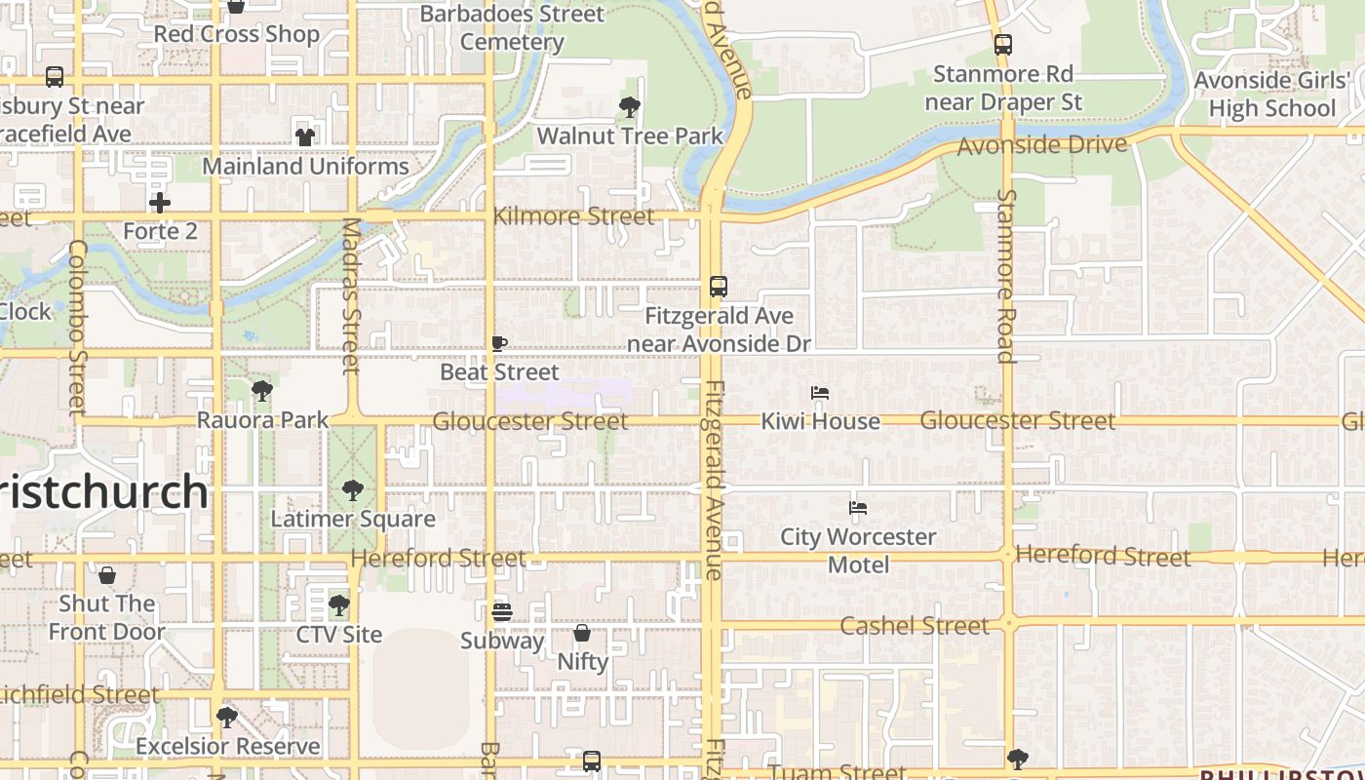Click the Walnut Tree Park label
coord(630,136)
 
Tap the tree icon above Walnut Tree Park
coord(630,106)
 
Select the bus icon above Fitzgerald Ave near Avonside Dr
coord(719,287)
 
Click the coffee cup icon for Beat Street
coord(499,343)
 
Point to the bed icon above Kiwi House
coord(820,393)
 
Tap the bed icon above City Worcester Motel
coord(858,507)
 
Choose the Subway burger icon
coord(502,612)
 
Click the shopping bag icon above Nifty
coord(582,633)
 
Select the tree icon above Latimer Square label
coord(353,490)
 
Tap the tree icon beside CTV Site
coord(339,605)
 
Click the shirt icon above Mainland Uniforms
coord(305,136)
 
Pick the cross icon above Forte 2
coord(160,203)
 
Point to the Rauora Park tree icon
coord(261,392)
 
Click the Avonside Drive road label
coord(1042,145)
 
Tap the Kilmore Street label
coord(574,216)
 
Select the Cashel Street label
coord(915,625)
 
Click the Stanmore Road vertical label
coord(1006,275)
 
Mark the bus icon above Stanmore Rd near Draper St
coord(1003,45)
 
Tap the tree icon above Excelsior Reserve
coord(227,718)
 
